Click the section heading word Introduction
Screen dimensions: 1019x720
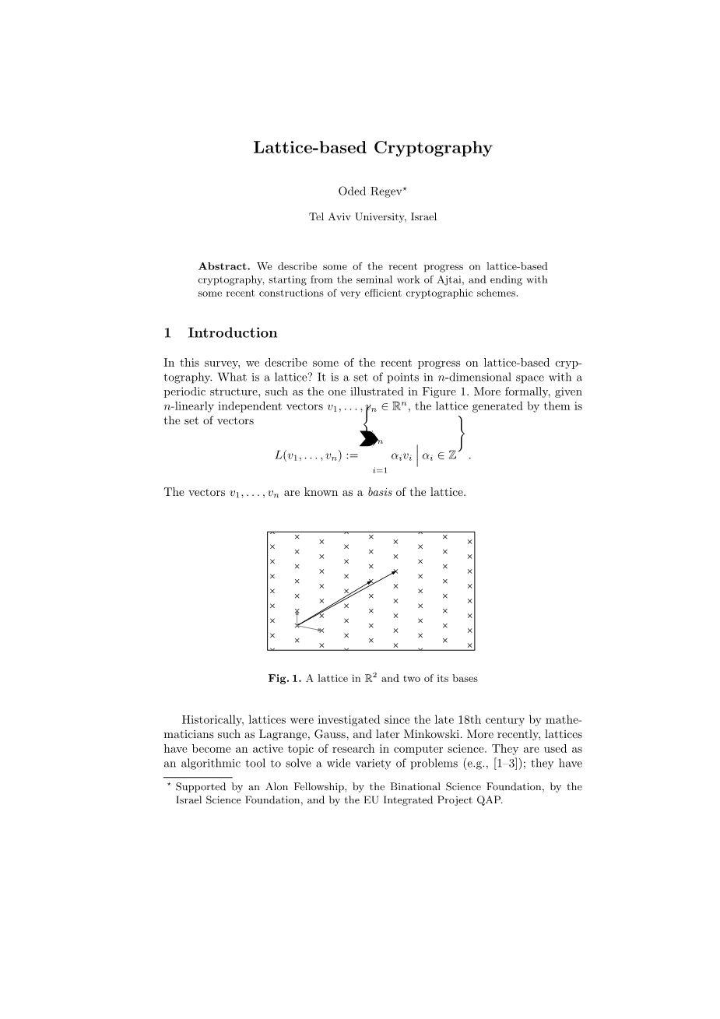click(232, 333)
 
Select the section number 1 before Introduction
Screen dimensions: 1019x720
click(167, 333)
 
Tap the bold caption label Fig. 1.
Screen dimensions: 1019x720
click(284, 678)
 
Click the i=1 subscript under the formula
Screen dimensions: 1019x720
click(380, 470)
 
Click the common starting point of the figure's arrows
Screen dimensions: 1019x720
click(297, 624)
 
